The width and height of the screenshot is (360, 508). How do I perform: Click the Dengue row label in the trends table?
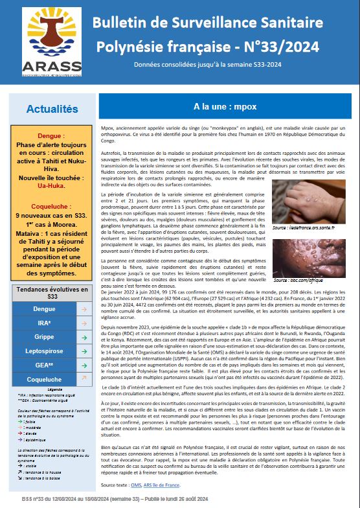tap(44, 309)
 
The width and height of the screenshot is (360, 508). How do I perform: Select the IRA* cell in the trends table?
tap(44, 323)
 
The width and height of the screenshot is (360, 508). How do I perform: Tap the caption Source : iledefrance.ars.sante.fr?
tap(303, 227)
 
